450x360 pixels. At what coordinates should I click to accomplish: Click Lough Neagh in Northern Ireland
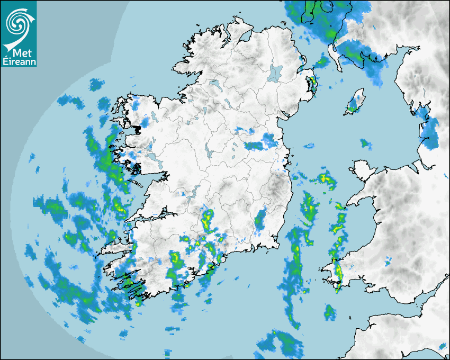(275, 73)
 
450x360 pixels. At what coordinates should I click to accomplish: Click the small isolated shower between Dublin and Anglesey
(365, 143)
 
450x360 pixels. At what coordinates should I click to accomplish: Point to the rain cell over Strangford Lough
(312, 84)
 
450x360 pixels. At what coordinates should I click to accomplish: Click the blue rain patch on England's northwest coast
(429, 130)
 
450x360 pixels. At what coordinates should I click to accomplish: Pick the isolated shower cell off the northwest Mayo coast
(95, 84)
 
